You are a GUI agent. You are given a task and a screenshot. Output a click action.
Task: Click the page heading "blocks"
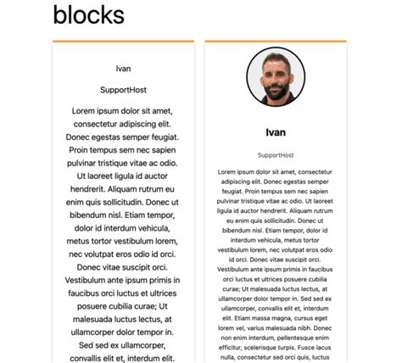coord(88,14)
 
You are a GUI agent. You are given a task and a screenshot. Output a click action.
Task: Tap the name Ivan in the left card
coord(124,68)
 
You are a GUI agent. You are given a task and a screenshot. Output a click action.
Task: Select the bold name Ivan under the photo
coord(276,132)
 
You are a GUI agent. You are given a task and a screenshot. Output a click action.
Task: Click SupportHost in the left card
coord(124,89)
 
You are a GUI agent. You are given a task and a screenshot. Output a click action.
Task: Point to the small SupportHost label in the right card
coord(276,155)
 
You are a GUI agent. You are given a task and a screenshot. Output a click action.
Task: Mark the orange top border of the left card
coord(124,41)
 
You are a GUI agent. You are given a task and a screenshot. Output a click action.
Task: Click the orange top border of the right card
coord(276,41)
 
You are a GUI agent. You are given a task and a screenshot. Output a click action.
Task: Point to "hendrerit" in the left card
coord(92,191)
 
